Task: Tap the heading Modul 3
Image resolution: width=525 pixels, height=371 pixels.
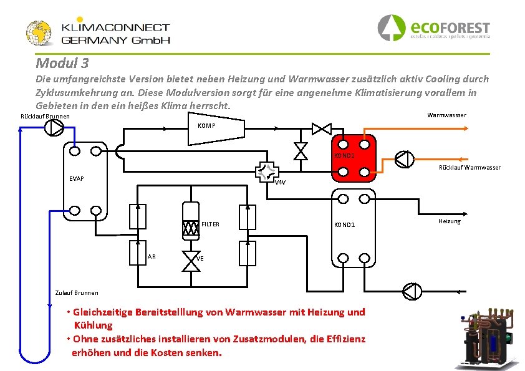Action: pos(62,63)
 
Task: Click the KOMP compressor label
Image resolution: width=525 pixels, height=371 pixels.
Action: pos(206,126)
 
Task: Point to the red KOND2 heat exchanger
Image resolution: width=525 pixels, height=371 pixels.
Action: pos(354,158)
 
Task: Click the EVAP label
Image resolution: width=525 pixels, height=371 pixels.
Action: pos(77,179)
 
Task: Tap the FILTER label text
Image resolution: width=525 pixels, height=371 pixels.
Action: pos(211,224)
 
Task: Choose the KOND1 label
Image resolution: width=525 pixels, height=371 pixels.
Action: pos(344,224)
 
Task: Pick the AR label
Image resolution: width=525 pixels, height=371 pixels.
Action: pos(152,257)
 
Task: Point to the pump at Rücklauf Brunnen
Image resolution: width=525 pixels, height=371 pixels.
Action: pos(54,128)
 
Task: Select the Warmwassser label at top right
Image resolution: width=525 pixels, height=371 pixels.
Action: pos(446,115)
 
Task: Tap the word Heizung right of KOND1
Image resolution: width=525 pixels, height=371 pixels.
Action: pos(449,221)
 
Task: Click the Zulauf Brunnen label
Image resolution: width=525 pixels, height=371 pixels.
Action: pos(77,293)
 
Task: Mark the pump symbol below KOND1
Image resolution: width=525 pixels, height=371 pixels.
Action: pos(412,291)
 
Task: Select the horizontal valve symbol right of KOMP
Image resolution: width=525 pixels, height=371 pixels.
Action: pos(322,128)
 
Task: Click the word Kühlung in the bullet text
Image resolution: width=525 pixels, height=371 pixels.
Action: pos(93,325)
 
